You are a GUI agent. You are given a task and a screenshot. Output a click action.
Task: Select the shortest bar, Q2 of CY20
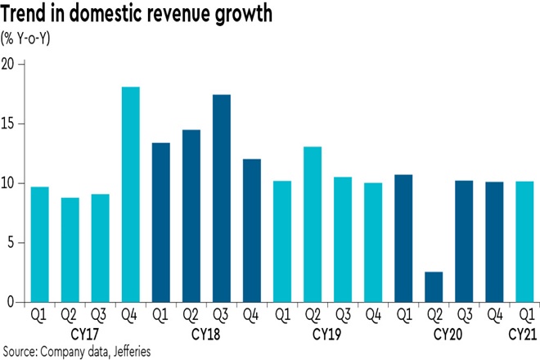434,287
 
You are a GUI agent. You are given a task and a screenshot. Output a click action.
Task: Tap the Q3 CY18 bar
222,199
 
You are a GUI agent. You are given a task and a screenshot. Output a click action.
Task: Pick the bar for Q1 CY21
524,241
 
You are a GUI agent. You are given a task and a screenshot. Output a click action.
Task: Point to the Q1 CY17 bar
40,245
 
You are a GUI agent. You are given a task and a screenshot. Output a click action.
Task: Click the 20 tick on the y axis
9,65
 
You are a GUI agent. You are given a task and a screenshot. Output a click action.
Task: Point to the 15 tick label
9,124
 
